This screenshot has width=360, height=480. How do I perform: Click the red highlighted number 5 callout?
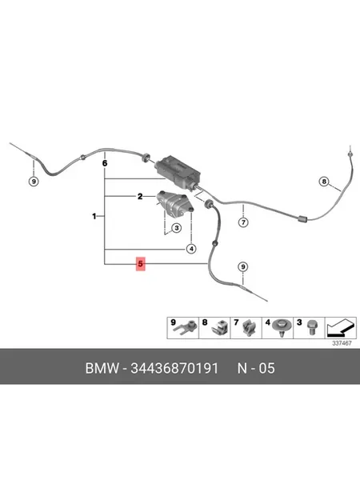[x=141, y=263]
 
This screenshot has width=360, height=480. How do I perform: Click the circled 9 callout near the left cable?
[x=34, y=182]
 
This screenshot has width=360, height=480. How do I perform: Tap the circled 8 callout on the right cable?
[x=324, y=182]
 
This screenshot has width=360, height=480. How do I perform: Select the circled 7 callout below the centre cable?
[x=243, y=222]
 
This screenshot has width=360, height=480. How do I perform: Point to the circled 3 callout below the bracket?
[x=176, y=228]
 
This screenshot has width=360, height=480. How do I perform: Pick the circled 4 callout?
[x=191, y=249]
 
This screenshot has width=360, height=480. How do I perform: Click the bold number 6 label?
[x=105, y=163]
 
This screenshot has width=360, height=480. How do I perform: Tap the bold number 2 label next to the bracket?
[x=140, y=197]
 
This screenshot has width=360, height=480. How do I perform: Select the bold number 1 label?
[x=94, y=217]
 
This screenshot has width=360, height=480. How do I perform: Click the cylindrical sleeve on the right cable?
[x=302, y=218]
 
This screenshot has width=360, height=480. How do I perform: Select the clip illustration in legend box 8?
[x=220, y=329]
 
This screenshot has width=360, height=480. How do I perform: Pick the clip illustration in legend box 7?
[x=248, y=329]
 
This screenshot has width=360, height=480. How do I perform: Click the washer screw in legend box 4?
[x=281, y=327]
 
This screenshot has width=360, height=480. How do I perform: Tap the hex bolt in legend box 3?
[x=311, y=327]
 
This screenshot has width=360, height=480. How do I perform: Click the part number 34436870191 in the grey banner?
[x=174, y=368]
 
